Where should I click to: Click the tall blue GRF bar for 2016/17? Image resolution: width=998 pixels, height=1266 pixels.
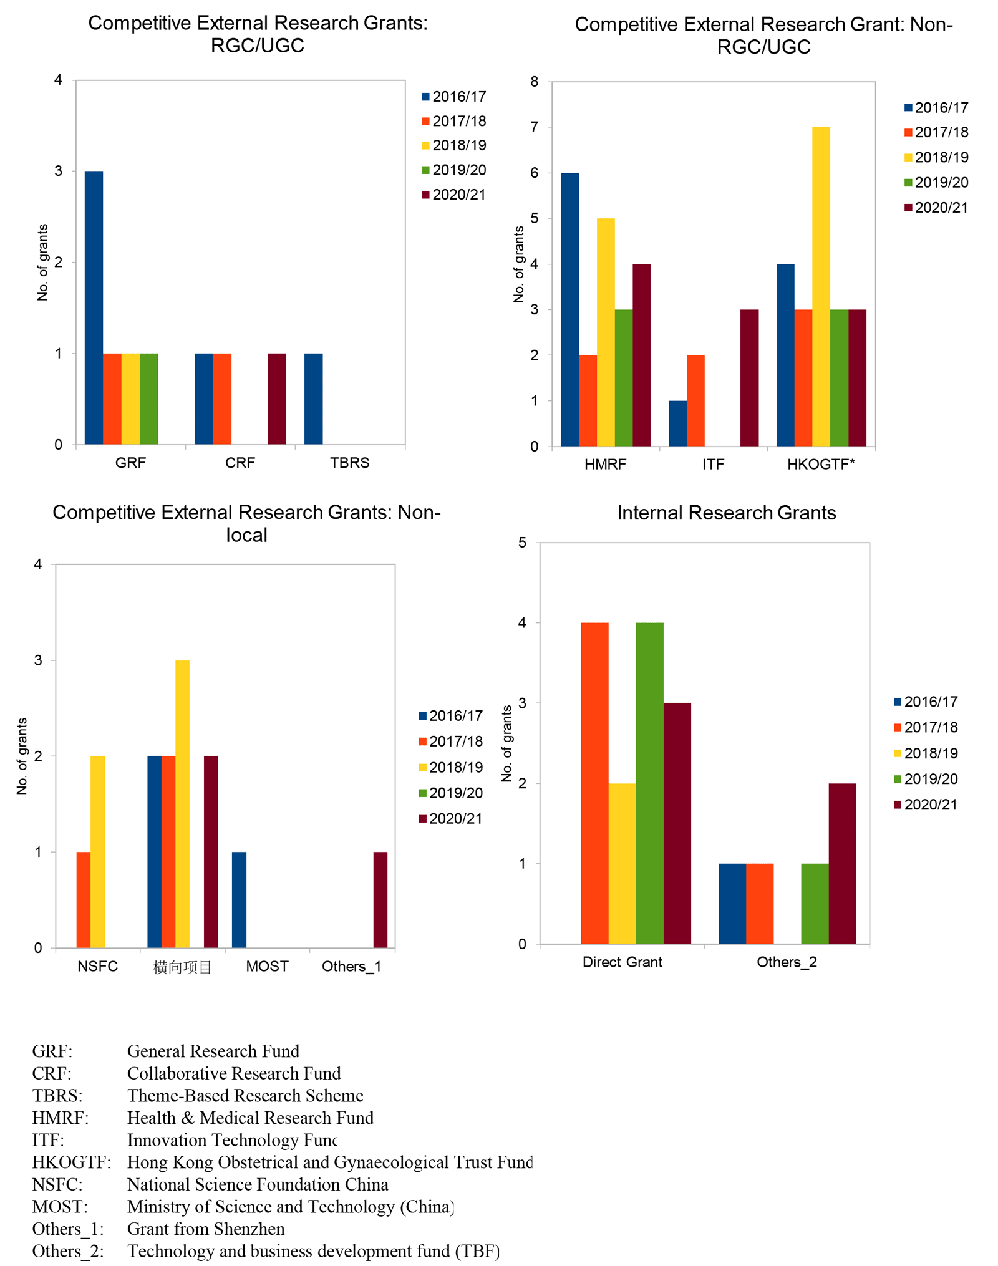94,307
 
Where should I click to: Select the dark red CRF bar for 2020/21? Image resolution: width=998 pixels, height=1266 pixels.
277,399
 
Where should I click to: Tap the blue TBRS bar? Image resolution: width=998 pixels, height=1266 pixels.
314,399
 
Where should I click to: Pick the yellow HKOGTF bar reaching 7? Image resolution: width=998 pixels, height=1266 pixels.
821,287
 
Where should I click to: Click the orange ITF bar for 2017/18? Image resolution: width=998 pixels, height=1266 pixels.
695,400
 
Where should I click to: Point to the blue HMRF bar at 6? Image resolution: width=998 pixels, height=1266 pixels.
570,310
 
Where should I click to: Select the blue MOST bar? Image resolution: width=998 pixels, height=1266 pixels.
239,900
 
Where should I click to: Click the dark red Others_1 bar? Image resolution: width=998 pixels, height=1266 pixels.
380,900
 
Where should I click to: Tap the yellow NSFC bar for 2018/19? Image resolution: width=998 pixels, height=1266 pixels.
98,852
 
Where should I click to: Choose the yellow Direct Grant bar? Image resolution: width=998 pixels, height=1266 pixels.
623,864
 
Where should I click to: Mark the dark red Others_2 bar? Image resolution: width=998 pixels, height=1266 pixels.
843,864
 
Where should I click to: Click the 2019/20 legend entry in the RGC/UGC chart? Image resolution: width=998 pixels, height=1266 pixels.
454,170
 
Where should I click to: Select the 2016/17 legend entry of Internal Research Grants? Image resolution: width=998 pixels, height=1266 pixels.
926,702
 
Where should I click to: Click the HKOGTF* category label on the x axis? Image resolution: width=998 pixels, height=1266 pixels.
821,464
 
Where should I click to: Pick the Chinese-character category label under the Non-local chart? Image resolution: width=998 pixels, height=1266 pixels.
183,967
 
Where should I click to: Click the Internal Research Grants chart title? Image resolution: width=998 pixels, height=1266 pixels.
727,513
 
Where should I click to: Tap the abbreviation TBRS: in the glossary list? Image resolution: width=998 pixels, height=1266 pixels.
57,1096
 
